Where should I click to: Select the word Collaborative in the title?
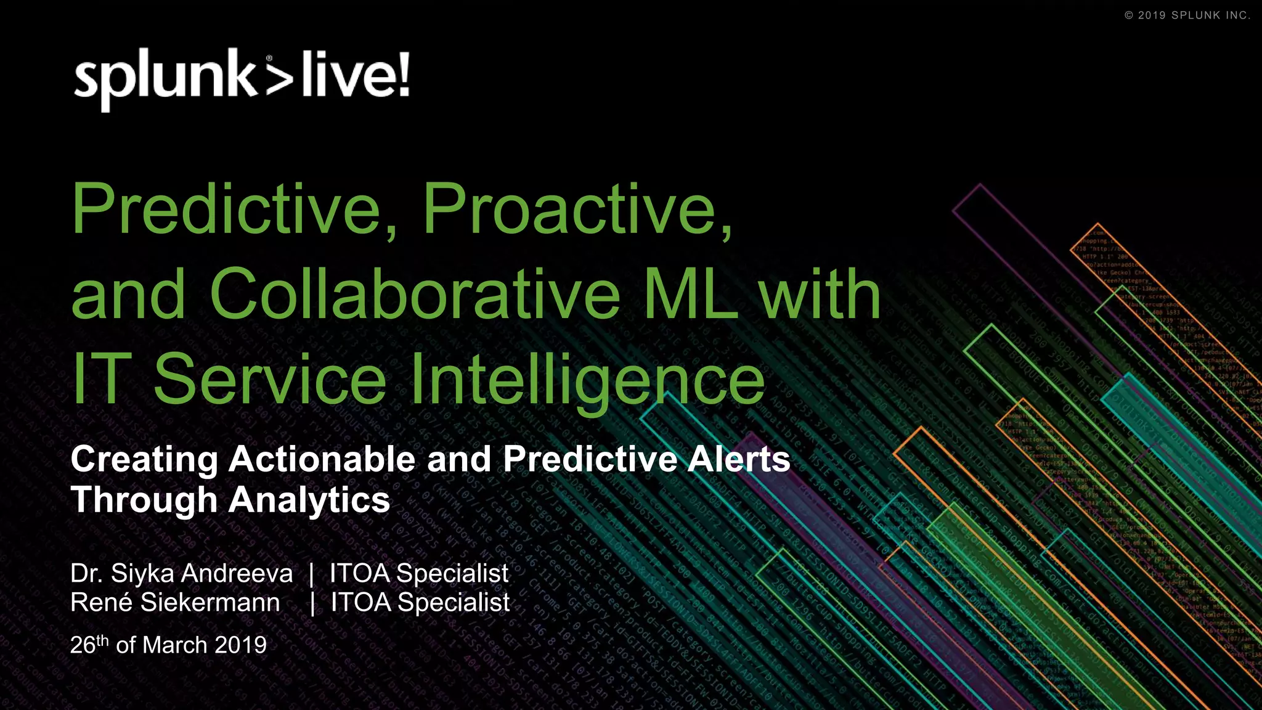(415, 295)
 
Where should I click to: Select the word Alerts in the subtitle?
(739, 460)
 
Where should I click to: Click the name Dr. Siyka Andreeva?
(181, 574)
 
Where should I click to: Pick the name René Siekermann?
(175, 603)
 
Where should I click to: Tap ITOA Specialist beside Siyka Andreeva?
(419, 574)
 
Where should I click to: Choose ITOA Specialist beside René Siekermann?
(420, 603)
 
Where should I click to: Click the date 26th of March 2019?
(168, 645)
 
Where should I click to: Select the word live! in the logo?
(356, 75)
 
